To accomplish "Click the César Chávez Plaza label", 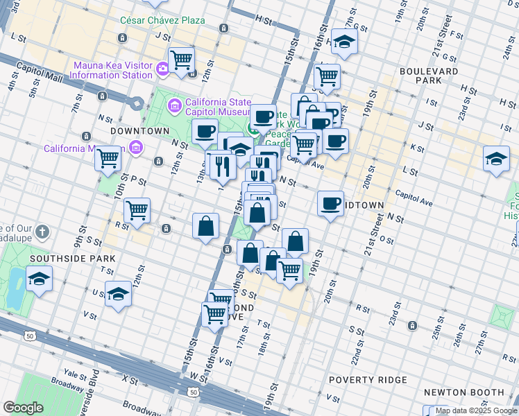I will coord(163,20).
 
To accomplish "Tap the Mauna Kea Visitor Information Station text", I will coord(113,70).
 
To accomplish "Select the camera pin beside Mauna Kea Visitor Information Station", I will coord(162,67).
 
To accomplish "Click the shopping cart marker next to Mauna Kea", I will coord(181,60).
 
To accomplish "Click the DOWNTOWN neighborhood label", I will coord(139,130).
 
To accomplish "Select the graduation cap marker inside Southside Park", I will coord(40,280).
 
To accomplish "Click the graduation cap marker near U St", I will coord(118,294).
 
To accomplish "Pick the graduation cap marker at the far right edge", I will coord(497,159).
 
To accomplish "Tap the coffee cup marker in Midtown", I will coord(331,203).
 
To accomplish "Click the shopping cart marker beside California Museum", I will coord(108,159).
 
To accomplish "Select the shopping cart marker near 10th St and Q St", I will coord(137,209).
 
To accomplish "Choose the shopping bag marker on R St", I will coord(206,225).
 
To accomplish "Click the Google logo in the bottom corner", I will coord(23,408).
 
